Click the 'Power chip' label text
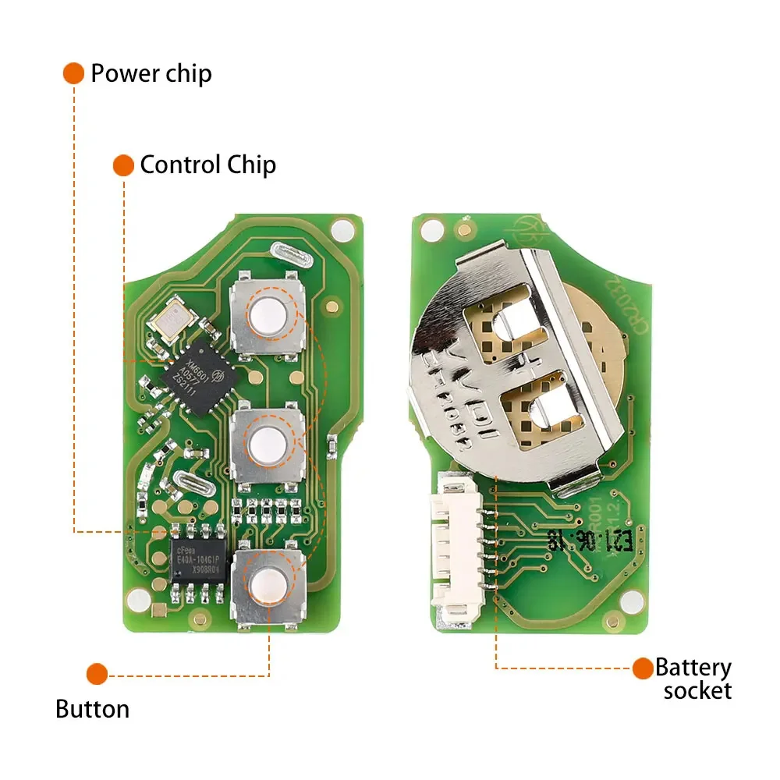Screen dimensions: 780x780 click(x=151, y=74)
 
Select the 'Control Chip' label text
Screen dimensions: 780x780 click(x=207, y=165)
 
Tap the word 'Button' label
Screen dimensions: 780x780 click(x=92, y=709)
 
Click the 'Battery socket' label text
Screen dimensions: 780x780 click(x=693, y=679)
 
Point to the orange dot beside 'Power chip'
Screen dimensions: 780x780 click(x=73, y=74)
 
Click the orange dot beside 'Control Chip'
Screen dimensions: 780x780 click(x=123, y=165)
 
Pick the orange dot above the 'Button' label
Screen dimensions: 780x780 click(x=97, y=674)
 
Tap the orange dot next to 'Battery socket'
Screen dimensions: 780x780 click(x=643, y=668)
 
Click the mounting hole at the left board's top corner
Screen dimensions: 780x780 click(x=341, y=230)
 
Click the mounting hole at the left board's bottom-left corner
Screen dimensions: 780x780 click(x=138, y=599)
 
